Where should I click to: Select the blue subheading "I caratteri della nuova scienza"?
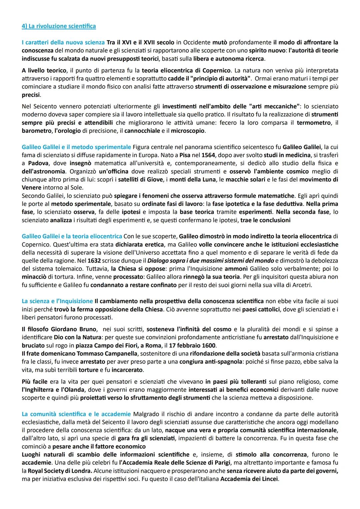[63, 42]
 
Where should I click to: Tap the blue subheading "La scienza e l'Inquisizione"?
[57, 301]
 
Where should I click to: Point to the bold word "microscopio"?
[188, 131]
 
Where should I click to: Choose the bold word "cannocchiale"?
[142, 131]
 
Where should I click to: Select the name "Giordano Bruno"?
[78, 329]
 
